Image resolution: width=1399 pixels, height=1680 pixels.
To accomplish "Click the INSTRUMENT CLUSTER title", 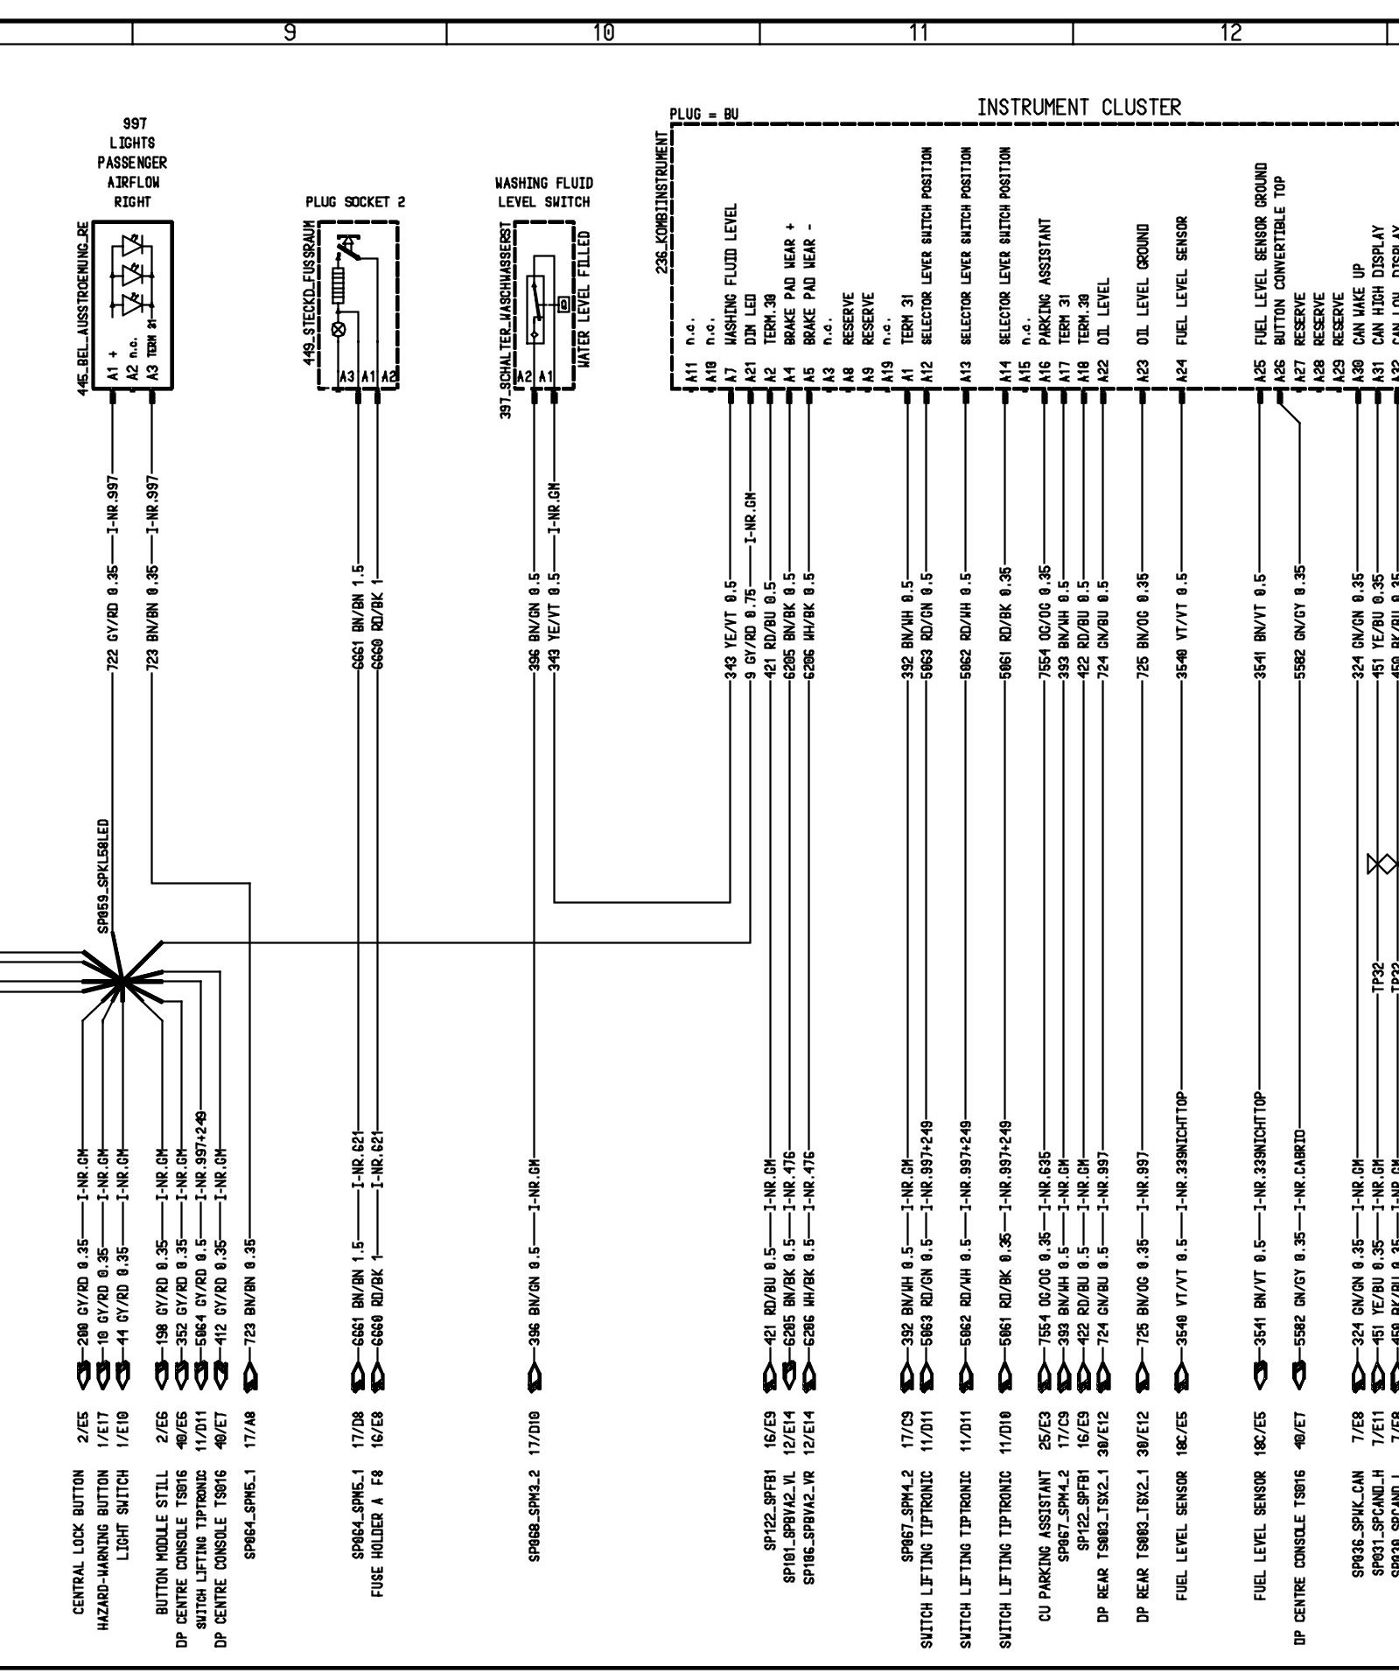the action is pyautogui.click(x=1078, y=108).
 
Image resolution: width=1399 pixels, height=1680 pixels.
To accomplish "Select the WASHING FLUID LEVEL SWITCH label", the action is pyautogui.click(x=543, y=192).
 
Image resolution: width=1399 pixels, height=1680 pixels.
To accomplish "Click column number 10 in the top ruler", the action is pyautogui.click(x=603, y=33).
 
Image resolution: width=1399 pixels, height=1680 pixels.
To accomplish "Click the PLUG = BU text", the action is pyautogui.click(x=703, y=115).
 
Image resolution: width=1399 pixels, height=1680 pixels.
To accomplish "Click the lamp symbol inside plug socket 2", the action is pyautogui.click(x=339, y=329).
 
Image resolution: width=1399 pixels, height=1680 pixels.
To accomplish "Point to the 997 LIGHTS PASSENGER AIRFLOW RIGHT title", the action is pyautogui.click(x=132, y=162).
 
